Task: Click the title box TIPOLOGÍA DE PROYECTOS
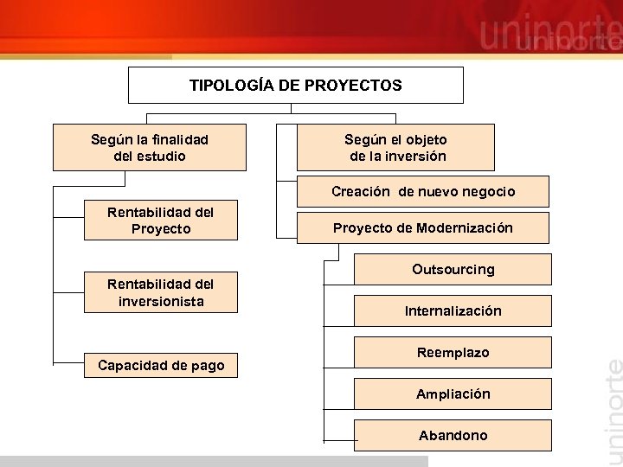(296, 86)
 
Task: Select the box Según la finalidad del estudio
(150, 147)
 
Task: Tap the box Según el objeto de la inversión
(395, 147)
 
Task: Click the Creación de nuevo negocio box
(423, 191)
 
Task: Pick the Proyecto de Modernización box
(423, 228)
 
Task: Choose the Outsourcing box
(453, 269)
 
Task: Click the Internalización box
(453, 310)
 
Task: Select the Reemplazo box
(453, 352)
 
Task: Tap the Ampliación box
(453, 393)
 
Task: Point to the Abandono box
(453, 435)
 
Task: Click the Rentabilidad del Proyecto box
(160, 221)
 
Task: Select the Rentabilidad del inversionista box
(160, 292)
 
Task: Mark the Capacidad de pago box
(160, 366)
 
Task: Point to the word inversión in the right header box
(417, 157)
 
